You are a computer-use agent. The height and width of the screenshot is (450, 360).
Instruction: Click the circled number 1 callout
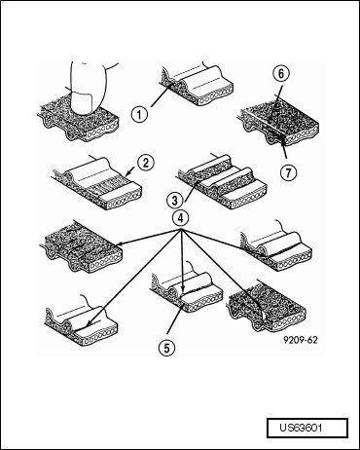click(x=139, y=114)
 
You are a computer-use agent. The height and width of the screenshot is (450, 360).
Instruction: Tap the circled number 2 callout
click(x=146, y=163)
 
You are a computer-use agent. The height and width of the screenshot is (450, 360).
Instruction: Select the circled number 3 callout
click(x=175, y=201)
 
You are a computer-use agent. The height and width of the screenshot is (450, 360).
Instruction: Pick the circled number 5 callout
click(x=166, y=348)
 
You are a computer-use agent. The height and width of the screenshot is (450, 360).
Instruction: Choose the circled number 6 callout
click(x=281, y=74)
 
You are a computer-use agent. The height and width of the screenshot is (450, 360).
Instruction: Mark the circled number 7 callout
click(x=288, y=172)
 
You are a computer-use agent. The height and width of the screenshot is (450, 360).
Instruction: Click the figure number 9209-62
click(x=301, y=340)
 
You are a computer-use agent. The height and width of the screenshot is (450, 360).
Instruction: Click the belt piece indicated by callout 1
click(x=197, y=85)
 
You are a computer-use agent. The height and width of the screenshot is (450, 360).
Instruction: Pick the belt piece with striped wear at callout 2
click(x=96, y=183)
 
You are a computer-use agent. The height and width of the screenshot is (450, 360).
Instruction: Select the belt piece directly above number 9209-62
click(x=268, y=307)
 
